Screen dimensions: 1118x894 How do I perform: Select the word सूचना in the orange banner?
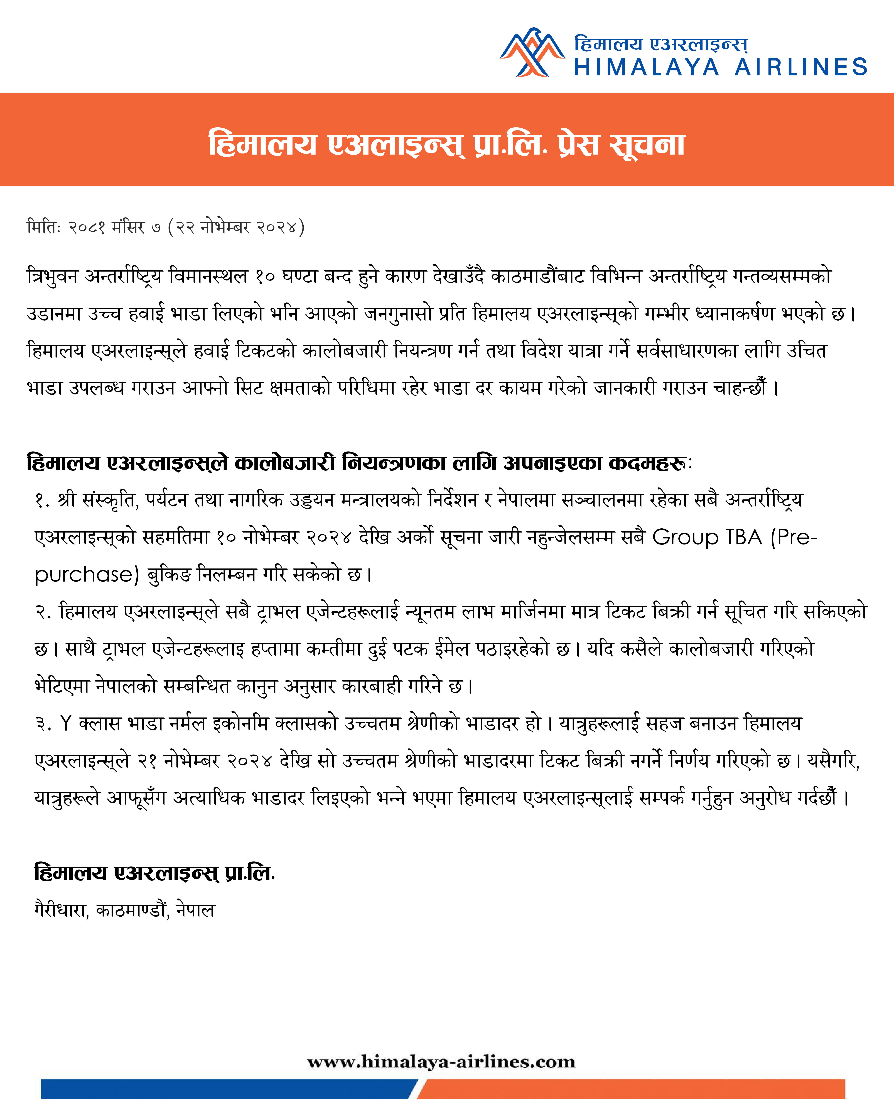pyautogui.click(x=648, y=145)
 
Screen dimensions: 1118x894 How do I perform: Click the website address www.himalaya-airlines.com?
pyautogui.click(x=441, y=1062)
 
